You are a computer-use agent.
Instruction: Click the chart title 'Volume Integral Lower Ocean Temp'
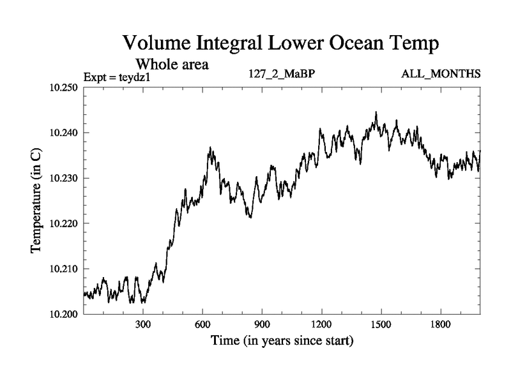pos(282,45)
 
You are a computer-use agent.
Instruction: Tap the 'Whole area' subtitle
pos(172,64)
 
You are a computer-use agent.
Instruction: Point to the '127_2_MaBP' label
pos(282,74)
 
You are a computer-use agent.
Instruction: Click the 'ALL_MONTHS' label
pos(441,74)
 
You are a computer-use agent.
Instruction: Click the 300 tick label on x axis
pos(143,325)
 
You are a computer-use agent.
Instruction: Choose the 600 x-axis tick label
pos(202,325)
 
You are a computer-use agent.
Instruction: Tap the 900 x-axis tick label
pos(262,325)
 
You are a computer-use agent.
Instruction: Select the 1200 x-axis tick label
pos(321,325)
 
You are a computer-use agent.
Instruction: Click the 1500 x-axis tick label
pos(381,325)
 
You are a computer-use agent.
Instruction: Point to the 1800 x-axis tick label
pos(440,325)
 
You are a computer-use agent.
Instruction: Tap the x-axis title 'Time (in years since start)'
pos(282,341)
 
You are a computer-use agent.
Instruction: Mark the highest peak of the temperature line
pos(376,112)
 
